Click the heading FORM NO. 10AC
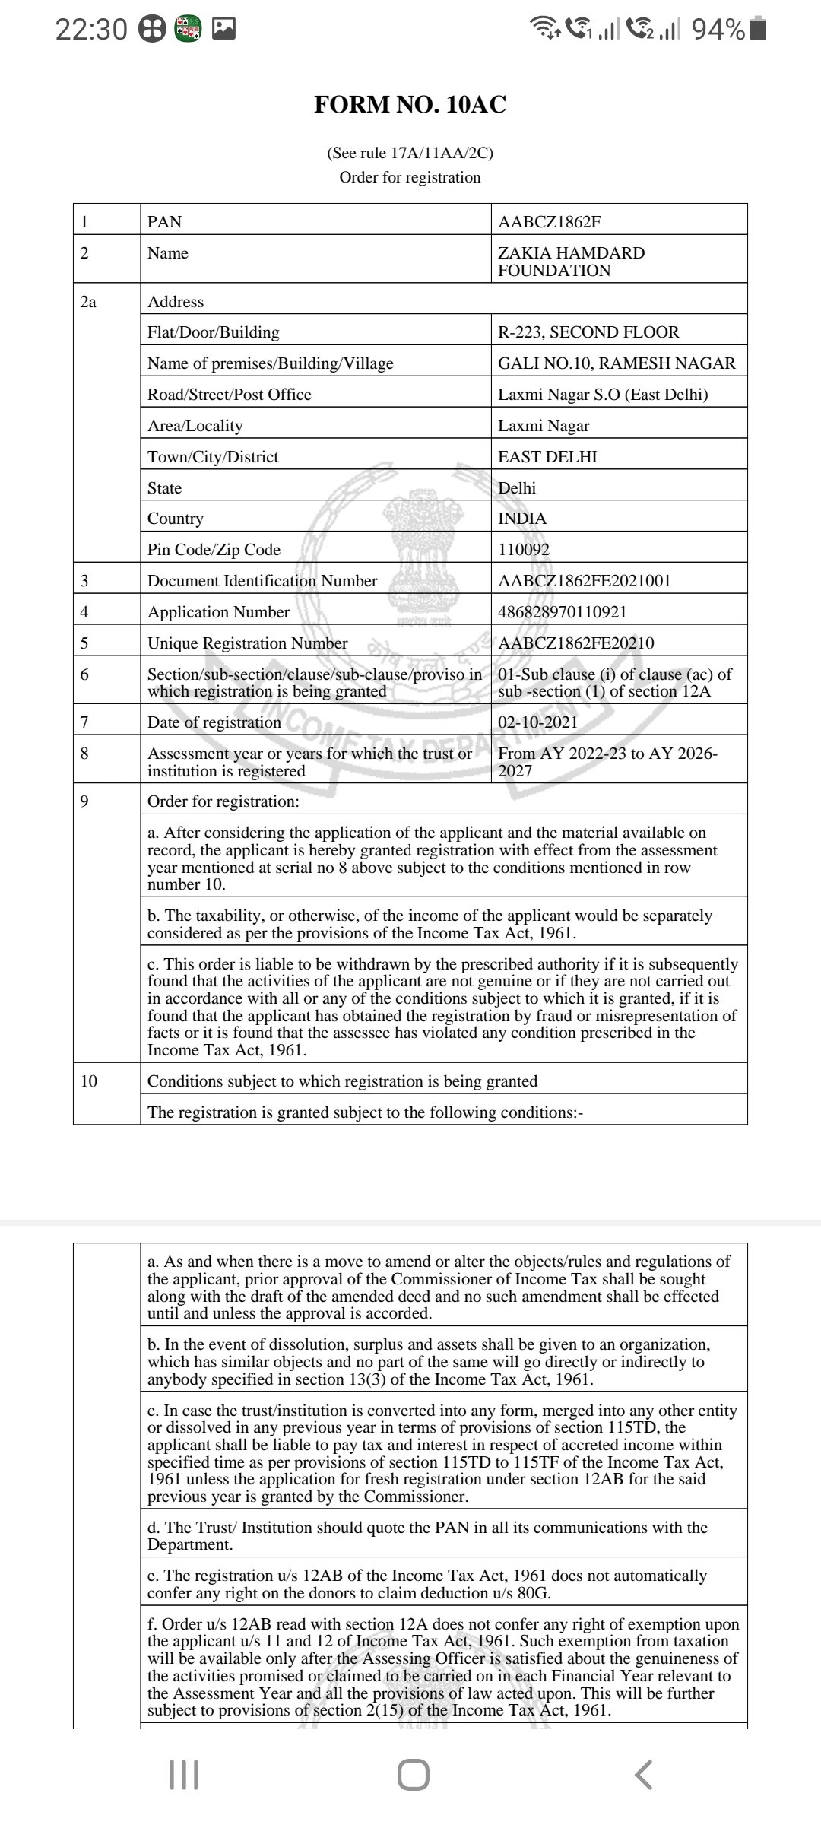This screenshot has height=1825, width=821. tap(410, 105)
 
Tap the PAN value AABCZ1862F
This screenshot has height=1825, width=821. tap(550, 222)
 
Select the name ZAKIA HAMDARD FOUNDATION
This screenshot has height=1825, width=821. tap(571, 262)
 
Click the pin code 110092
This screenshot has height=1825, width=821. tap(524, 550)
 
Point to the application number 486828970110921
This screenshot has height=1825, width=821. tap(562, 612)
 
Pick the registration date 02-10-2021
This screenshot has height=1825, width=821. tap(537, 722)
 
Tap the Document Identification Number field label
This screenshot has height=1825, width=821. tap(262, 581)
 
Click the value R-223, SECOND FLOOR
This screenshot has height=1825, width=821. tap(588, 332)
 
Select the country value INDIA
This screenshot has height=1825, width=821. tap(522, 519)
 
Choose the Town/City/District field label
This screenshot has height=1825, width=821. tap(213, 457)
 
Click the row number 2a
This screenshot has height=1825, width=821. tap(89, 302)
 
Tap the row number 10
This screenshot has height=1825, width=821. tap(89, 1081)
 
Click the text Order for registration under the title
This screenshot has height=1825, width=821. tap(410, 177)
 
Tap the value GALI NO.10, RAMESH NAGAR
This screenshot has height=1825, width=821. tap(617, 363)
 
